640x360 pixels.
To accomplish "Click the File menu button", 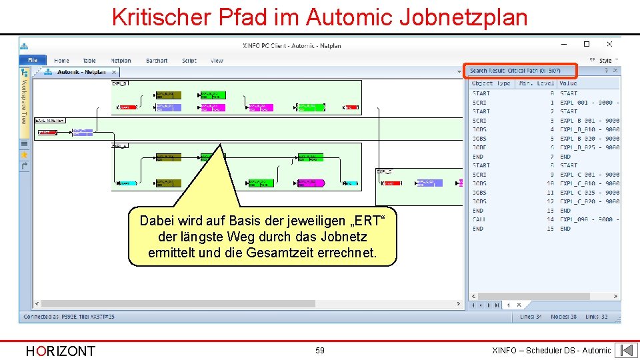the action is (x=33, y=60).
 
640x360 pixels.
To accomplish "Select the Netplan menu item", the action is (x=121, y=61).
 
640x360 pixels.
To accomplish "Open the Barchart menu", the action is (x=157, y=61).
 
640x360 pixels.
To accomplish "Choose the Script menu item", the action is (x=189, y=61).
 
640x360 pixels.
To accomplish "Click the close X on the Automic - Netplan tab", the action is (x=114, y=72).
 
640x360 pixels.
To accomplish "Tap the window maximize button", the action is (x=587, y=45).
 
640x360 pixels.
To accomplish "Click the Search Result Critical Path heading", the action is (x=515, y=71).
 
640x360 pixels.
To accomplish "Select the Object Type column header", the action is (x=491, y=83).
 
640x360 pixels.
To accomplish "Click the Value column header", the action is (x=569, y=83).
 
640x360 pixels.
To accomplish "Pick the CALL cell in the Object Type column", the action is (x=479, y=219).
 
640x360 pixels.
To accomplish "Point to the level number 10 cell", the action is (x=550, y=183).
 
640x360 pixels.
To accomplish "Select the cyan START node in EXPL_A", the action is (x=127, y=183).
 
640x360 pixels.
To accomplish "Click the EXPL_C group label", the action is (x=384, y=171).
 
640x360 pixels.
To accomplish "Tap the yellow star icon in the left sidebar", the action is (x=25, y=155).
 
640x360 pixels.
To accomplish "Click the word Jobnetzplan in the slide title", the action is (x=463, y=17).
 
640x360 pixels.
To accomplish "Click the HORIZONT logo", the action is (x=60, y=351).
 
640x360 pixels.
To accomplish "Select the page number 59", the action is (x=320, y=350).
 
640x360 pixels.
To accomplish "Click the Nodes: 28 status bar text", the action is (x=564, y=317).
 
